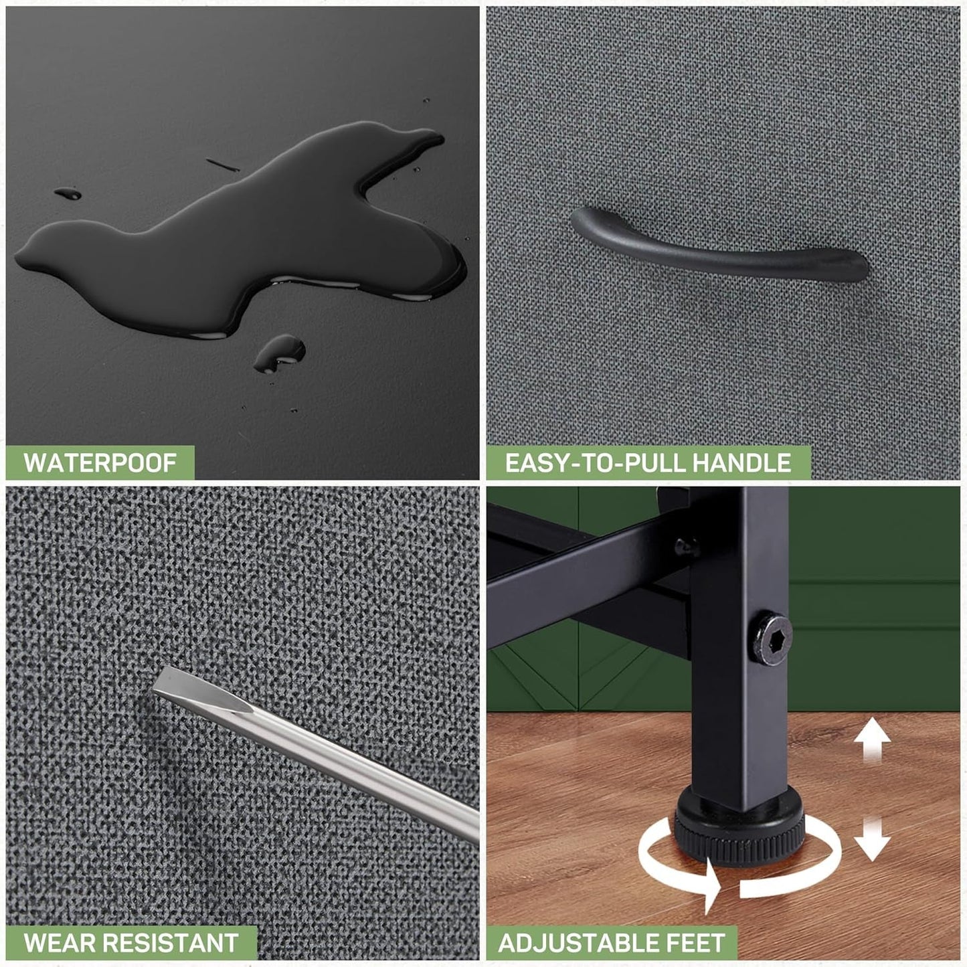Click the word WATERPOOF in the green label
(100, 462)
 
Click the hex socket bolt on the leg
(772, 640)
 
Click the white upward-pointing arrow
(872, 741)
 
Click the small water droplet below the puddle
(279, 353)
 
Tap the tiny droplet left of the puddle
(68, 193)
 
